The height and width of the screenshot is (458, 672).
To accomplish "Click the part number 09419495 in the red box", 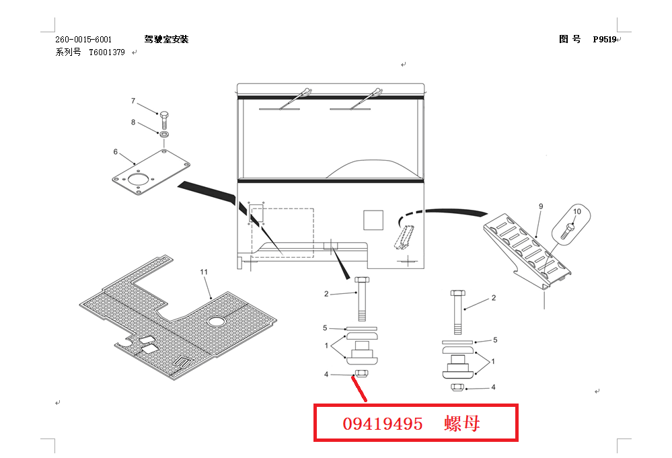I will pos(383,424).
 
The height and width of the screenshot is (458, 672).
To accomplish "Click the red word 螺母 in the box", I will pos(462,424).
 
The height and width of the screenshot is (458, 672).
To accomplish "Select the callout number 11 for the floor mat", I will pos(204,272).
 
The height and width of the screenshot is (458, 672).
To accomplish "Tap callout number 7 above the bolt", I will pos(133,101).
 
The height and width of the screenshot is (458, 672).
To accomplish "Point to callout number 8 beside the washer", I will pos(133,122).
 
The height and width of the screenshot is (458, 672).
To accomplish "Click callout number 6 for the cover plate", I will pos(115,151).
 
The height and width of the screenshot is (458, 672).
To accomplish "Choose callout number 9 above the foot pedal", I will pos(540,206).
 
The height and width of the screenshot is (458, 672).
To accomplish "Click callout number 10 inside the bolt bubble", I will pos(576,211).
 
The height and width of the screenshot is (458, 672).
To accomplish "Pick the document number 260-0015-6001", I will pos(83,40).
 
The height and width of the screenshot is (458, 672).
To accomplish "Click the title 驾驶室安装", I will pos(166,40).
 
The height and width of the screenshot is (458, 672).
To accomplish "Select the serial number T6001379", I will pos(107,52).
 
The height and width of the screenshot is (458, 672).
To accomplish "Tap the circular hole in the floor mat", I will pos(217,322).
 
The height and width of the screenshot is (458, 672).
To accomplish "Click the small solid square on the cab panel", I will pos(373,220).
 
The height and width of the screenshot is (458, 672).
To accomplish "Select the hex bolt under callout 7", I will pos(163,121).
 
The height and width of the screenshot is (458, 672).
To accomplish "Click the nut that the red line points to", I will pos(361,374).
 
